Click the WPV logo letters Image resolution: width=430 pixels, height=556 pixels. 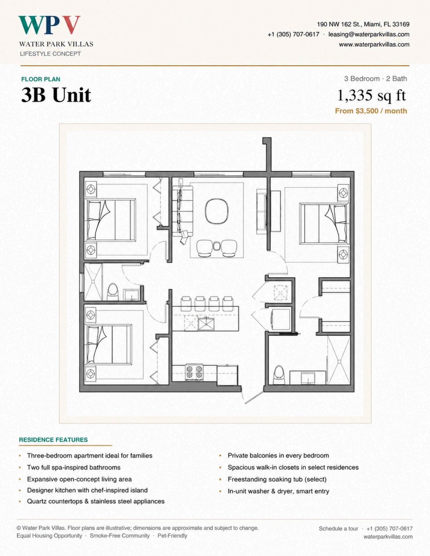pos(49,25)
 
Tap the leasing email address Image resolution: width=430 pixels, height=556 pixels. pos(369,34)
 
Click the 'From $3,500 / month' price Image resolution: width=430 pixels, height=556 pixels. pos(371,111)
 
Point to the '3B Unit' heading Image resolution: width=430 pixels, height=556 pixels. pos(56,95)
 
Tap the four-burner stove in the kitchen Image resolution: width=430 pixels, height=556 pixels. pos(194,372)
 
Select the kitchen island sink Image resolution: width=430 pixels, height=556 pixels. pos(206,324)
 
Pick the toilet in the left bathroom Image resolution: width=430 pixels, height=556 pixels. pos(113,292)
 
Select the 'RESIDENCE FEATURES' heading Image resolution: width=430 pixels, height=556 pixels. pos(53,440)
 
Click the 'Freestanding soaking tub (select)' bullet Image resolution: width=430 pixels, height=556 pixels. pos(277,479)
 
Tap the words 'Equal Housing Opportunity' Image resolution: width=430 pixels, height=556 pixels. pos(49,536)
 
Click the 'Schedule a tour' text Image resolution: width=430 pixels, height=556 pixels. pos(338,528)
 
